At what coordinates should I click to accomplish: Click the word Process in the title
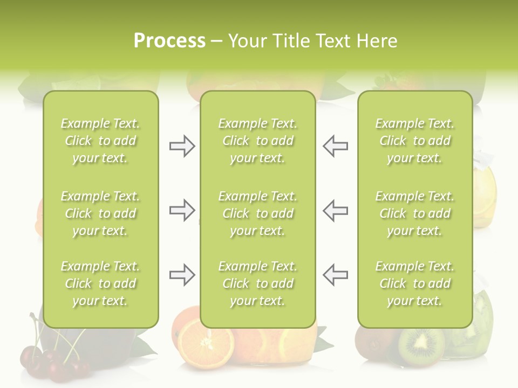point(169,41)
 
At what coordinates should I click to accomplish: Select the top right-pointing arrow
point(182,146)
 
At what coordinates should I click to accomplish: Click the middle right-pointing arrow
point(182,210)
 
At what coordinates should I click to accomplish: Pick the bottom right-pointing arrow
point(182,275)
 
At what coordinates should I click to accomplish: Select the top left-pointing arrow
point(335,146)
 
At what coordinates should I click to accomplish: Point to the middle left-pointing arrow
point(335,210)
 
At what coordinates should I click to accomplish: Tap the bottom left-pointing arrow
point(335,275)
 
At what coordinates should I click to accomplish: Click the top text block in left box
point(100,141)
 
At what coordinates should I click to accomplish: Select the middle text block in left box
point(100,213)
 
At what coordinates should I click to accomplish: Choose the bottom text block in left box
point(100,283)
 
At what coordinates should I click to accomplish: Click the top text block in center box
point(257,141)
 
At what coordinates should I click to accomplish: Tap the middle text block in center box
point(257,213)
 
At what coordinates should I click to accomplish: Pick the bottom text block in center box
point(257,283)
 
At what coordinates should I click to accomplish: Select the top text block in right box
point(414,141)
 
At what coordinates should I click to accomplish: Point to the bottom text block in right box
point(414,283)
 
